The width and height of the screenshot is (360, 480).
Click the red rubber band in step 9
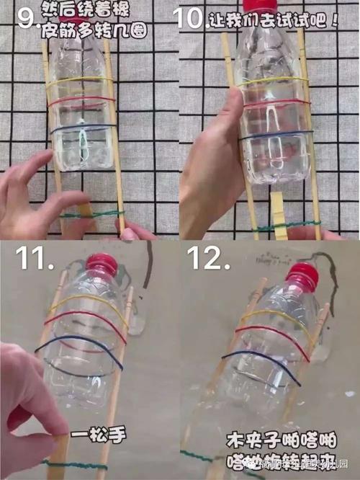click(79, 99)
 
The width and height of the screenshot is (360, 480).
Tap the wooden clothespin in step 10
click(279, 217)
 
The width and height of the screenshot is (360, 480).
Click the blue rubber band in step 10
click(277, 135)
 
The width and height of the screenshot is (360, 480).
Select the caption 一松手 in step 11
click(89, 435)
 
